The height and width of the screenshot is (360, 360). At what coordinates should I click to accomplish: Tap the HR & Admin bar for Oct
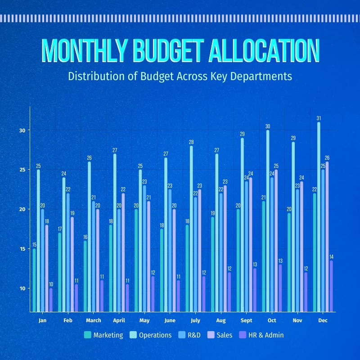tap(280, 288)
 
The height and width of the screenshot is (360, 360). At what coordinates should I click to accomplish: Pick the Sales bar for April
tap(123, 252)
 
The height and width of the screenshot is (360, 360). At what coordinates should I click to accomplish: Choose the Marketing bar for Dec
tap(315, 252)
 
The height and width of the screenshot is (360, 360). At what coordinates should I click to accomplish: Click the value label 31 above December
tap(319, 118)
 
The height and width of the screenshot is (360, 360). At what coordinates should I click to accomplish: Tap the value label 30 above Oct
tap(268, 126)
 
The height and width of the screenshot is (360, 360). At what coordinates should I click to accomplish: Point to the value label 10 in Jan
tap(51, 284)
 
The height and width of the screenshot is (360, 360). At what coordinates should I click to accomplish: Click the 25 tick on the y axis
tap(22, 170)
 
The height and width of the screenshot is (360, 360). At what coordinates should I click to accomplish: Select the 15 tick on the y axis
tap(22, 249)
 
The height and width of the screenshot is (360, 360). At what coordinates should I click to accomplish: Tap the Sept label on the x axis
tap(247, 320)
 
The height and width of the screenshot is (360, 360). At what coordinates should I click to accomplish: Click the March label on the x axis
tap(93, 320)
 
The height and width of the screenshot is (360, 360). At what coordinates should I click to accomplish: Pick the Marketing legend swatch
tap(88, 335)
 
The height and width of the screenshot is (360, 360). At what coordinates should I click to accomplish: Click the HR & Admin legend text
tap(266, 335)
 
